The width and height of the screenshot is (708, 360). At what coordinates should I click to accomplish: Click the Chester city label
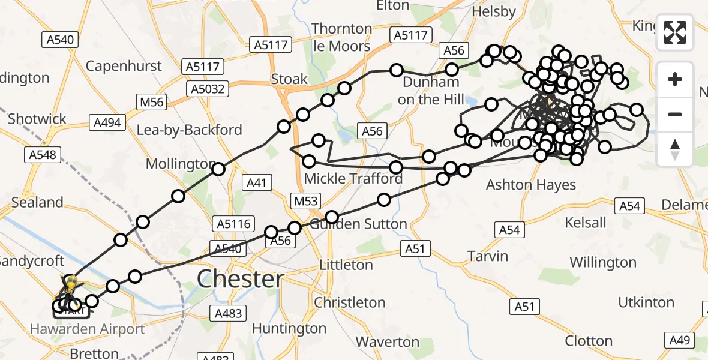(x=241, y=279)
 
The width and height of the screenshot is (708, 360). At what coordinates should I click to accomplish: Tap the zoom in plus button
(x=675, y=80)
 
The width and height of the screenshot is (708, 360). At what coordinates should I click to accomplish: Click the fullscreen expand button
(x=675, y=32)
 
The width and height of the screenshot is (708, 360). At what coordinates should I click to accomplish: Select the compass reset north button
(x=675, y=149)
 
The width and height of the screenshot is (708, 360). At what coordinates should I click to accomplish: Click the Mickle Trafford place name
(x=353, y=178)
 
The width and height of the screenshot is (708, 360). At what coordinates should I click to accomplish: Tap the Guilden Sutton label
(x=358, y=224)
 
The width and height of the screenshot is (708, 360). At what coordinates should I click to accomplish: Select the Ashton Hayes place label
(x=531, y=185)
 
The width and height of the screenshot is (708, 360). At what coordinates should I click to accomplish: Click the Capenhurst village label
(x=124, y=65)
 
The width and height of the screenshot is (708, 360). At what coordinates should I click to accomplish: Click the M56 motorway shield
(x=152, y=103)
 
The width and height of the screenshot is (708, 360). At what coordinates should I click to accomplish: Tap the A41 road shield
(x=257, y=182)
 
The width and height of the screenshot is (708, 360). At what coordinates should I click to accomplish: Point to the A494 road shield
(x=108, y=123)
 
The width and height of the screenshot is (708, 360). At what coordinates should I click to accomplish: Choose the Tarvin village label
(x=488, y=256)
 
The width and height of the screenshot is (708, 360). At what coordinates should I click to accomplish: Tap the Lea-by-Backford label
(x=190, y=130)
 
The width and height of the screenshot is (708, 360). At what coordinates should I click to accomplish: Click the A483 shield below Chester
(x=228, y=313)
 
